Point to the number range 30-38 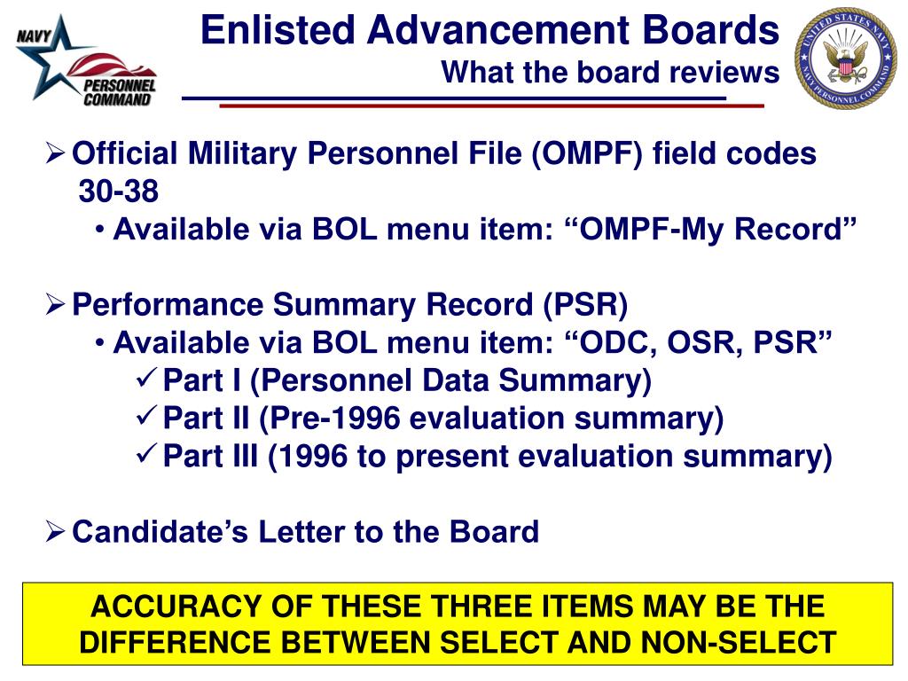tap(120, 192)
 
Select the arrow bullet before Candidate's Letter tap(56, 531)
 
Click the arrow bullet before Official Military tap(56, 154)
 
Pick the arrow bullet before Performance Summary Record tap(56, 305)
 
